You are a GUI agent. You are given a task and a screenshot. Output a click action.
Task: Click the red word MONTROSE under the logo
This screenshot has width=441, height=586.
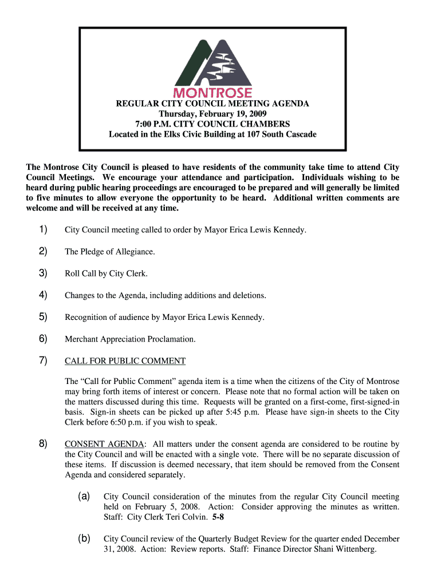212,93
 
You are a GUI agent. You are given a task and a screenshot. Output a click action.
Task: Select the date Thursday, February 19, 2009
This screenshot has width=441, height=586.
212,114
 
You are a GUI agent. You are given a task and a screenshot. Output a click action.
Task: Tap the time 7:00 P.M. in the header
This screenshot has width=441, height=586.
151,124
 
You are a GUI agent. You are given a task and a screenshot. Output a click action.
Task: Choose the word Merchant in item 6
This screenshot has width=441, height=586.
81,339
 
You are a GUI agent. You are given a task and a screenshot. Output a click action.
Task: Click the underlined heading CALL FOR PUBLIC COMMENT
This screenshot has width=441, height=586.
125,361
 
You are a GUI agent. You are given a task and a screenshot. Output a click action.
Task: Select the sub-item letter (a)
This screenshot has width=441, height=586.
84,497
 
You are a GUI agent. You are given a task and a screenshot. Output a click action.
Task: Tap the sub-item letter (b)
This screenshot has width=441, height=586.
84,539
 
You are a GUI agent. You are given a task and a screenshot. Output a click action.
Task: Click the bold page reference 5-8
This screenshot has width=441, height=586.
218,517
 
